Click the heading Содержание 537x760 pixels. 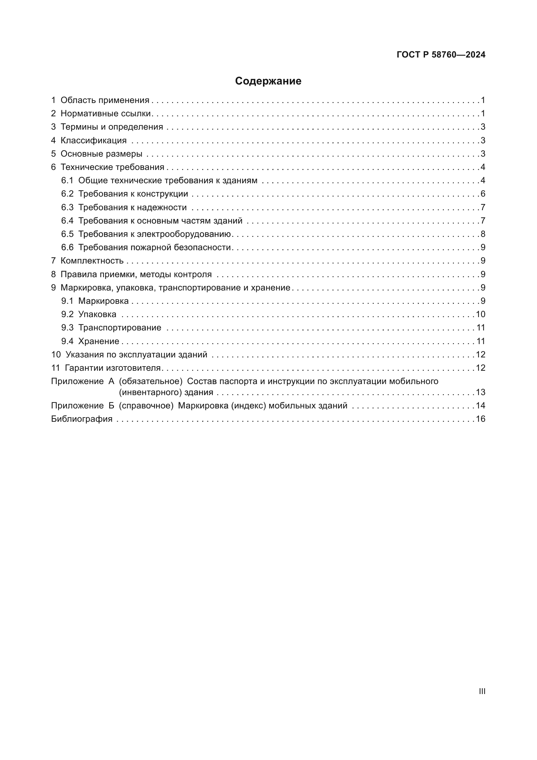click(x=268, y=81)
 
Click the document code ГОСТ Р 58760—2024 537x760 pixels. click(x=441, y=55)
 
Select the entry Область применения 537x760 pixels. click(x=105, y=100)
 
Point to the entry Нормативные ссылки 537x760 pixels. click(x=106, y=113)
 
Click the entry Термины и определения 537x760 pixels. click(x=112, y=127)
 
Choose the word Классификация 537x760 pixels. click(x=94, y=140)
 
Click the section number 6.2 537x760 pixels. click(x=67, y=194)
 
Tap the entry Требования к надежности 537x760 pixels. click(x=132, y=207)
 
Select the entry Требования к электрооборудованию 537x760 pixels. click(x=154, y=234)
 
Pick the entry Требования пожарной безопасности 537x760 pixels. click(x=154, y=247)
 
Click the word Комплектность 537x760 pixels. click(x=92, y=261)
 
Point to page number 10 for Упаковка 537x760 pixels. click(x=481, y=314)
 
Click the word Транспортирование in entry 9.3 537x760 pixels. click(x=120, y=328)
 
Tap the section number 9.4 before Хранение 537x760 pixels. click(x=67, y=341)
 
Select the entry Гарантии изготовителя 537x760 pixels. click(x=112, y=368)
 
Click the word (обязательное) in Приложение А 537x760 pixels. click(x=151, y=381)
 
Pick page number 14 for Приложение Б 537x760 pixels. click(x=481, y=406)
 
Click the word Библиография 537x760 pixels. click(x=82, y=419)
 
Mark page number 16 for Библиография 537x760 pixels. click(x=481, y=419)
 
